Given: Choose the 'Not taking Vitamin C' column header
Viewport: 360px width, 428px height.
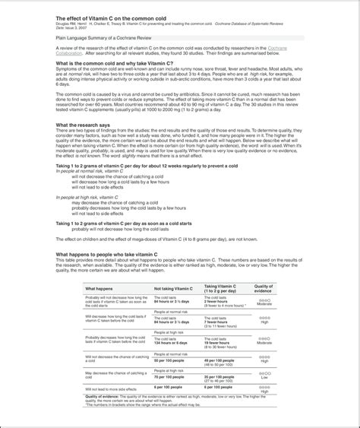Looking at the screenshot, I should pyautogui.click(x=174, y=290).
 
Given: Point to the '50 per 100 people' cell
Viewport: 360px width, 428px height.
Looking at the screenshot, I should pyautogui.click(x=169, y=360).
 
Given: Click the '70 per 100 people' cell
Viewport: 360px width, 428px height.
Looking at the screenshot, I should pyautogui.click(x=169, y=377).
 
